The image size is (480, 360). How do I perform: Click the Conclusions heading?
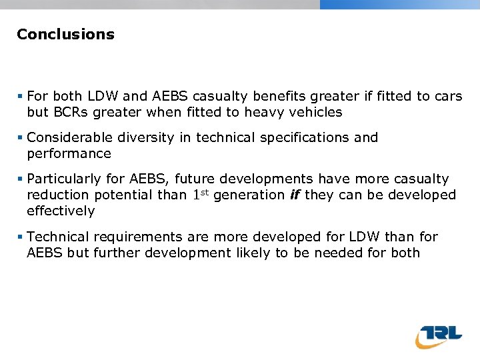pos(65,34)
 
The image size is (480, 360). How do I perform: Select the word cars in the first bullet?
pos(448,96)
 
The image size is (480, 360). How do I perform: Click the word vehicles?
pos(317,112)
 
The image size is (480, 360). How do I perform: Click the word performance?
pos(69,153)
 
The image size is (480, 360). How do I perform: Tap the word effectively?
pos(61,211)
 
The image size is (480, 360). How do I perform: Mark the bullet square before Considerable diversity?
pos(21,138)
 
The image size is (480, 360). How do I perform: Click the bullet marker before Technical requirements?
pos(21,237)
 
